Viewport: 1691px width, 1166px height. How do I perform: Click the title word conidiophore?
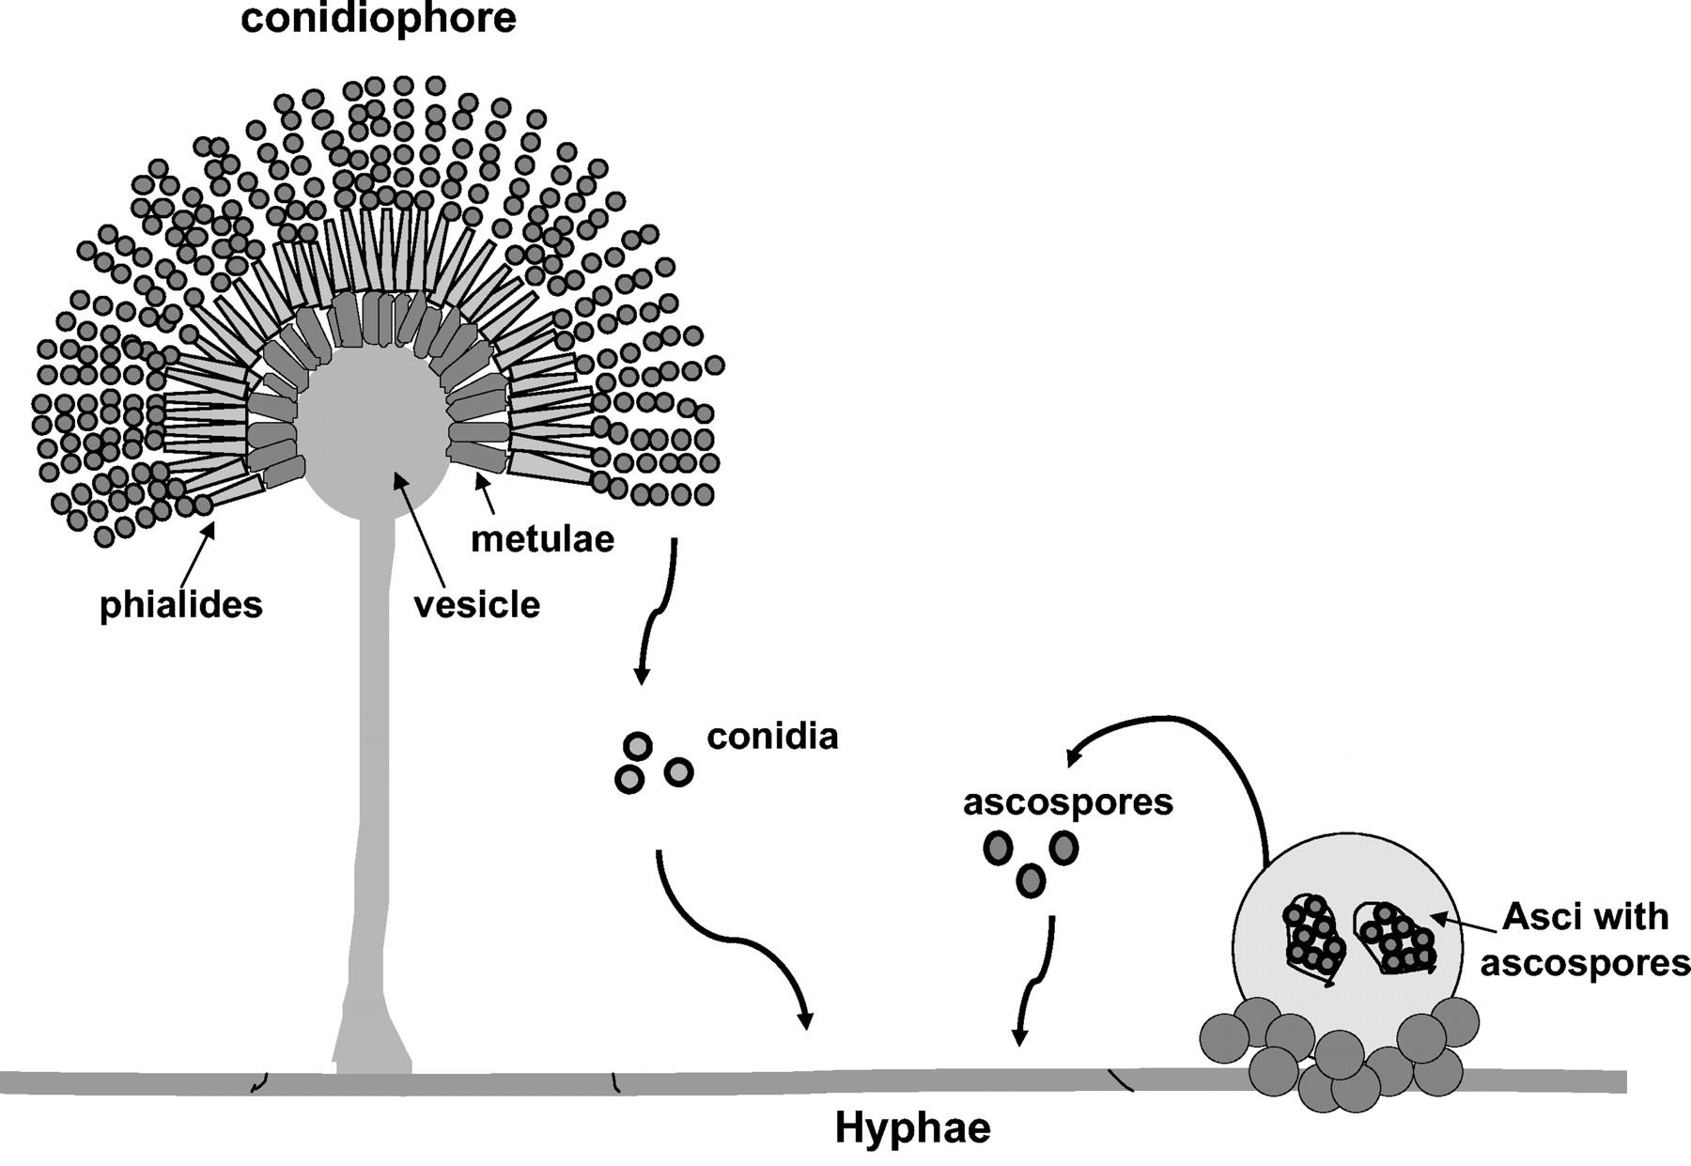coord(379,19)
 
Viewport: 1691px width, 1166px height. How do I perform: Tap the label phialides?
coord(181,604)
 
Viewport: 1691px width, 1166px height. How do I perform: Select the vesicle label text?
coord(477,604)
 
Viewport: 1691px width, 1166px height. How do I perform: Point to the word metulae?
coord(542,538)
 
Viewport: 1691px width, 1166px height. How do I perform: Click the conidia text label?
coord(772,736)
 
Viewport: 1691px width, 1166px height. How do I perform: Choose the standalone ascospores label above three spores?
coord(1068,801)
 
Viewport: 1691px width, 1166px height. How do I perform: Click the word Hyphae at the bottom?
coord(912,1128)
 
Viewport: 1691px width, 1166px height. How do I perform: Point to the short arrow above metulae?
coord(486,492)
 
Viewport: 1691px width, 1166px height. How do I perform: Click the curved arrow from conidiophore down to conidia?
coord(656,611)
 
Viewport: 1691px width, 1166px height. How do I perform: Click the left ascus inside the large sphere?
coord(1312,940)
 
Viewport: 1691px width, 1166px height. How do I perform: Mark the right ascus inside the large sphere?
coord(1394,938)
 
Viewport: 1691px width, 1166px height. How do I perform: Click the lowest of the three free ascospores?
coord(1031,880)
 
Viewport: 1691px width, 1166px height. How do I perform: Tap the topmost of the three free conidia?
coord(638,746)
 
